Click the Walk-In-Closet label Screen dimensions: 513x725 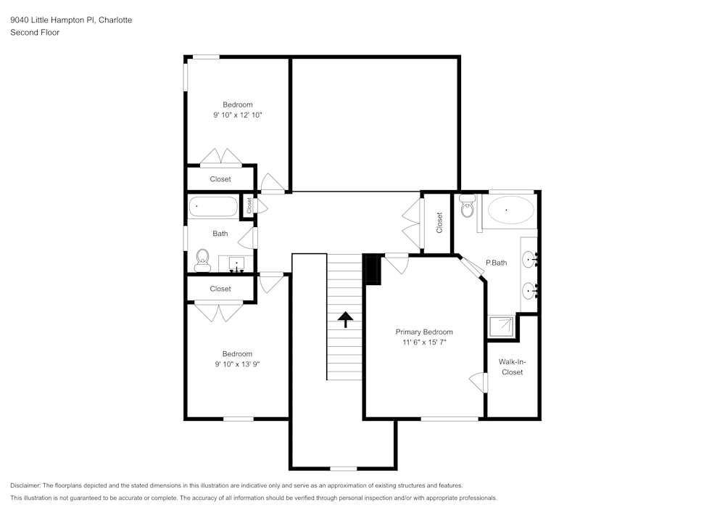coord(511,366)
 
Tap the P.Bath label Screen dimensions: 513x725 coord(496,263)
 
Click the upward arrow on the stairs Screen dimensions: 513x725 coord(345,319)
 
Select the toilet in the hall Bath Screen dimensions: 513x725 coord(202,258)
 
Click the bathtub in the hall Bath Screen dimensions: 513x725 coord(213,208)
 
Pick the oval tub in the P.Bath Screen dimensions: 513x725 coord(510,211)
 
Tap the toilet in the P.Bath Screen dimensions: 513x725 coord(467,207)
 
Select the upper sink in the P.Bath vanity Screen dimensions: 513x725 coord(531,258)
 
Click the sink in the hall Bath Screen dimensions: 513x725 coord(238,263)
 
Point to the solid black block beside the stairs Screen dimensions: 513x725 coord(372,269)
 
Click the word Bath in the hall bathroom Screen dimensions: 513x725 coord(220,234)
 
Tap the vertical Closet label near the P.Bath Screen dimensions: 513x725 coord(439,222)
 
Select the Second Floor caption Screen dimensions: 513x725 coord(35,33)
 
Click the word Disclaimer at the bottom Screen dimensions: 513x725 coord(25,485)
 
